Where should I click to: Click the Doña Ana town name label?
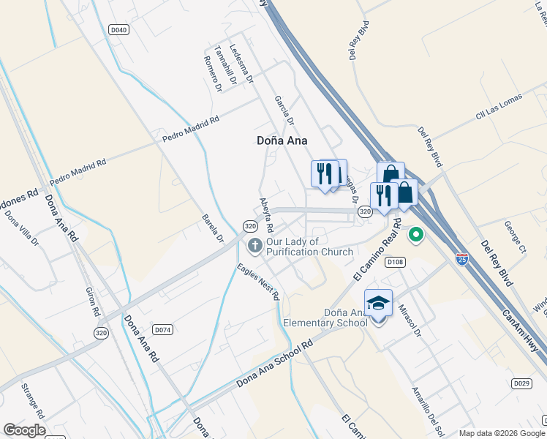coord(282,140)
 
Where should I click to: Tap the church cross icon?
coord(255,246)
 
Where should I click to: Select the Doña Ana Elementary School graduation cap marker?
coord(378,301)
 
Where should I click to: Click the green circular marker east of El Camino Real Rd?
coord(416,235)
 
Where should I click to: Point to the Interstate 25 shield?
coord(461,259)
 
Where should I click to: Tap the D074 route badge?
coord(162,330)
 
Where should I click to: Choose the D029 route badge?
coord(521,383)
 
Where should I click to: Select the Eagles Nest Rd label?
coord(258,282)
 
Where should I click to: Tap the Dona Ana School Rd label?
coord(274,364)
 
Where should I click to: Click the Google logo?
coord(25,430)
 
